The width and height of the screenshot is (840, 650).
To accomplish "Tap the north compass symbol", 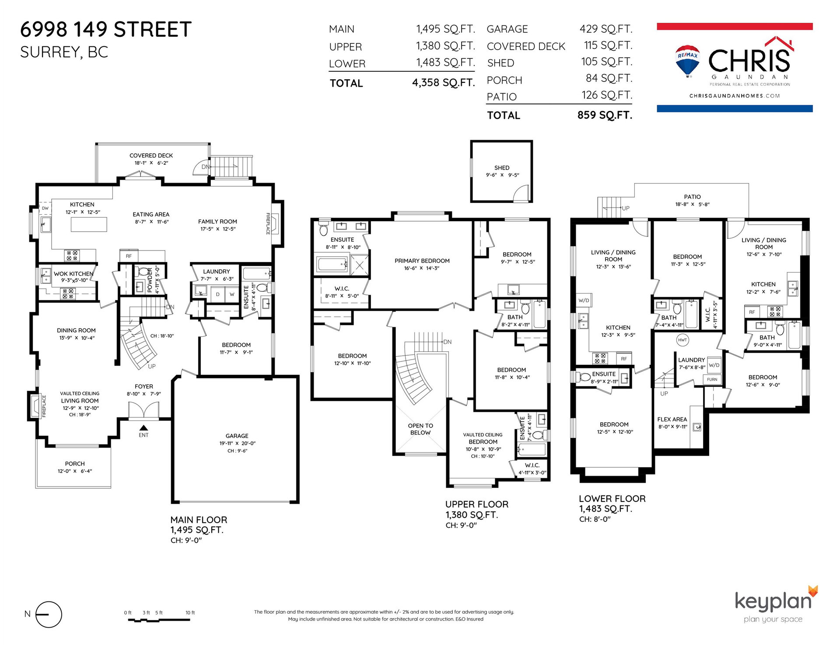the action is [x=49, y=615].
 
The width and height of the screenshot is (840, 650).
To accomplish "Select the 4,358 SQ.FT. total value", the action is [x=443, y=83].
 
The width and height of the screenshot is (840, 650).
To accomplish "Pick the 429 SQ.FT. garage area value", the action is [x=606, y=29].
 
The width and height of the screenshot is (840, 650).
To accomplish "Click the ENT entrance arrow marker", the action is [x=143, y=428].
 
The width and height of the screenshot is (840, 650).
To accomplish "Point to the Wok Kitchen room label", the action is [x=73, y=274].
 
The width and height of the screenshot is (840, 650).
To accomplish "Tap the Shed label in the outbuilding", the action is [x=502, y=168].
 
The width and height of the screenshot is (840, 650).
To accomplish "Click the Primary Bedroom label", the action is [x=422, y=261].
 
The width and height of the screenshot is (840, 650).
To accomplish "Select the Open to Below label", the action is [x=420, y=429].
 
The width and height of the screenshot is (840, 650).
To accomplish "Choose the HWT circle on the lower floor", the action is [x=682, y=340].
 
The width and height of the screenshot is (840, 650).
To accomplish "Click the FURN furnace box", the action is [x=712, y=379].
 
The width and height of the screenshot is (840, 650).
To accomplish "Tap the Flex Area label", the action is [x=672, y=419].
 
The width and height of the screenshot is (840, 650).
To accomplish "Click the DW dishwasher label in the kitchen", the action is [x=45, y=208].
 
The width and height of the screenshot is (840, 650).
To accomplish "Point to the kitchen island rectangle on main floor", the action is [x=89, y=224].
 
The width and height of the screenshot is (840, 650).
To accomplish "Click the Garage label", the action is [x=237, y=436].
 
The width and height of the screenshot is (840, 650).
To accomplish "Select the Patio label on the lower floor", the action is [x=693, y=197].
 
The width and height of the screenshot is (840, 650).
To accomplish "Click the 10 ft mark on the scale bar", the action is [x=190, y=613].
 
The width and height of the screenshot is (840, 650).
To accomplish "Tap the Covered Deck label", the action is [x=151, y=155].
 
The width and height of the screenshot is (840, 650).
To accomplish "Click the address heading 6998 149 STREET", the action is [x=106, y=30].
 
